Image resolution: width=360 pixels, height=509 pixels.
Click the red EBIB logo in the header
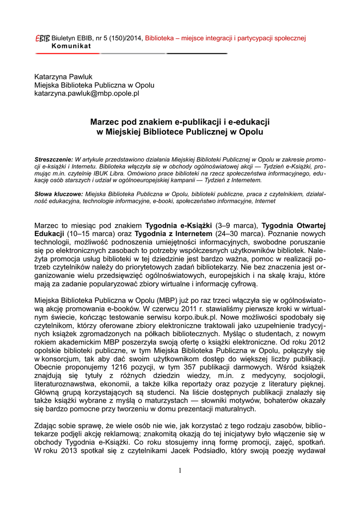pos(42,38)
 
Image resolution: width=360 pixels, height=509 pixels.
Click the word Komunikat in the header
pos(71,46)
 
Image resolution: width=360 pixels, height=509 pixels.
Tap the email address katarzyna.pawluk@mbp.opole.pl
pos(87,92)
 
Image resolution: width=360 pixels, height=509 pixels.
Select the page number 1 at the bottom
pos(180,471)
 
